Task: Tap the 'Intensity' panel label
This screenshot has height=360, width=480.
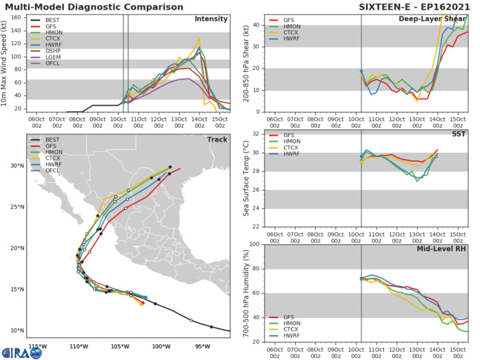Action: click(212, 19)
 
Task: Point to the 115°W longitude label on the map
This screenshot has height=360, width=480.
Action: click(38, 346)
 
